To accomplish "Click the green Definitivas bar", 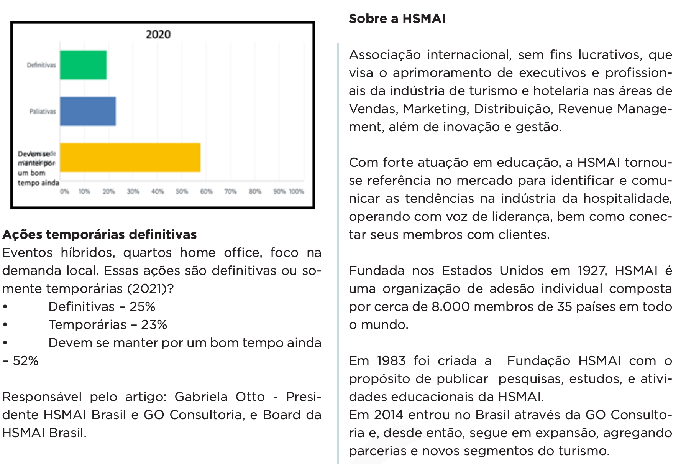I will (83, 65).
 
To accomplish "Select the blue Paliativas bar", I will (88, 111).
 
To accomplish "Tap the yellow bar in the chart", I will (130, 158).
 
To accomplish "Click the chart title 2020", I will (158, 35).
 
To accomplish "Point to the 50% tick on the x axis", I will (182, 191).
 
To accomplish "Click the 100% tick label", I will (296, 191).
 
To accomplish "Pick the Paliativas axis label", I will (43, 112).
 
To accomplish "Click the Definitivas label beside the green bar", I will (41, 65).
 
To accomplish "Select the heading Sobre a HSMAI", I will (397, 19).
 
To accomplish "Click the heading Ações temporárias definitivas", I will (99, 234).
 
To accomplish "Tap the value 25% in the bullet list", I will (142, 307).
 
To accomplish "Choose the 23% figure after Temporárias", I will (154, 325).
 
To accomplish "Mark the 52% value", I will (25, 361).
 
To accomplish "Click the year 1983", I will (391, 361).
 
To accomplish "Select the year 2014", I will (389, 415).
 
